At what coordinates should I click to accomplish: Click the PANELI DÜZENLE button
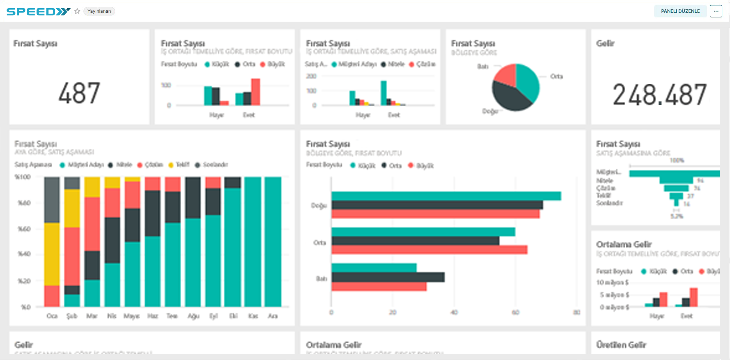(680, 11)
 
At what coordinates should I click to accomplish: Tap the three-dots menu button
(716, 11)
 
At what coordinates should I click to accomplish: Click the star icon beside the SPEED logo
(77, 11)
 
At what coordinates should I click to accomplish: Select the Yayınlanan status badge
(99, 11)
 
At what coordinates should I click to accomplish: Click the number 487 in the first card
(79, 93)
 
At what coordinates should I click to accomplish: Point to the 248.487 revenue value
(659, 95)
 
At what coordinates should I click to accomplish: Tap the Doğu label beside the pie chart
(490, 111)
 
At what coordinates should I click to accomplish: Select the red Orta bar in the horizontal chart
(429, 250)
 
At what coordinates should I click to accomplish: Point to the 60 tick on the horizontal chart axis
(515, 312)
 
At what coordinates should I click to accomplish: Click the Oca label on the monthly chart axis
(52, 316)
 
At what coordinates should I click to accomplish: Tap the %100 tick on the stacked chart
(23, 177)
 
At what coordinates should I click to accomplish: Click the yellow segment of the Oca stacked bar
(52, 254)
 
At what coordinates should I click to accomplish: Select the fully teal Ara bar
(273, 242)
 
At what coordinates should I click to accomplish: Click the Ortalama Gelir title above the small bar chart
(624, 244)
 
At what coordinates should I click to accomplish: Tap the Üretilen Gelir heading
(621, 345)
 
